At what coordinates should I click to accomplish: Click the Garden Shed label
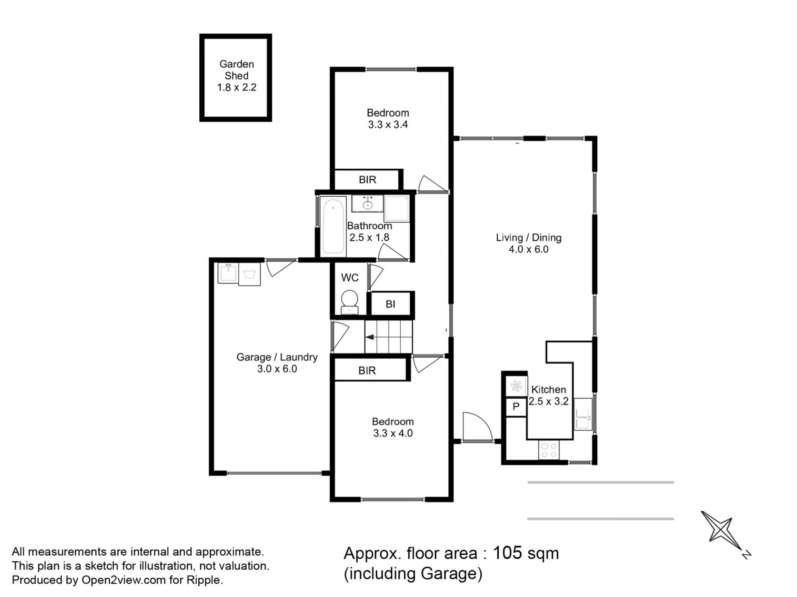coord(237,70)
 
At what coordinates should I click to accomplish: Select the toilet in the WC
coord(350,302)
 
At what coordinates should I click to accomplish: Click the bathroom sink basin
coord(367,204)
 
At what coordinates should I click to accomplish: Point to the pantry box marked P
coord(516,407)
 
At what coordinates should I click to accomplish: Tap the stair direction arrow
coord(370,337)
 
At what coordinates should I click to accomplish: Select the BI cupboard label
coord(390,304)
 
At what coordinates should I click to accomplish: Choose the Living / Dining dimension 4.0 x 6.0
coord(528,249)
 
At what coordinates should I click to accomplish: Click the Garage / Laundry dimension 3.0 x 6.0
coord(277,369)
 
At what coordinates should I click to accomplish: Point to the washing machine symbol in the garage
coord(249,274)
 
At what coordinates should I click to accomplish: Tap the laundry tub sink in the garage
coord(228,273)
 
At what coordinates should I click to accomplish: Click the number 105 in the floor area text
coord(506,553)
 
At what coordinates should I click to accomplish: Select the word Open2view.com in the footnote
coord(124,580)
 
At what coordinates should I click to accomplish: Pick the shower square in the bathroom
coord(397,208)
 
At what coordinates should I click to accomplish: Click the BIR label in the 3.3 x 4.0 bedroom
coord(367,371)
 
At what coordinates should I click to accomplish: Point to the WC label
coord(350,278)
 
